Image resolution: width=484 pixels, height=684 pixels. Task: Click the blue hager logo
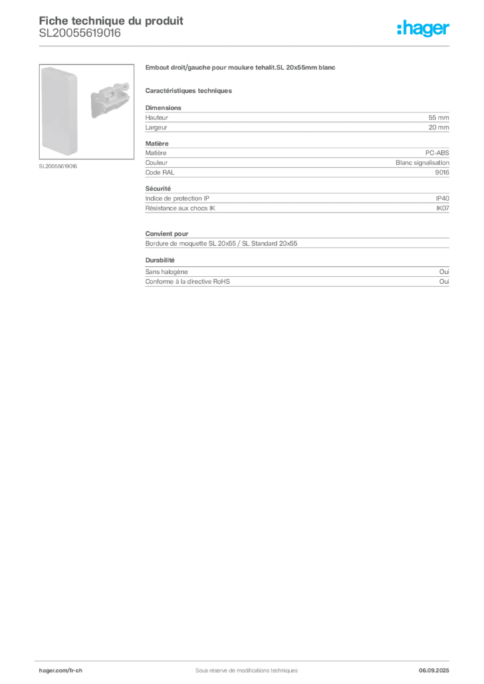coord(425,30)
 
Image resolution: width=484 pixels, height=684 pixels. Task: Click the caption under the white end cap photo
coord(59,166)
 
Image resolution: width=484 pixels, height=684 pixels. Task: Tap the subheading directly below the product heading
coord(190,90)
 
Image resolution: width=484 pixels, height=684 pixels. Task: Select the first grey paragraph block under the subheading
coord(297,120)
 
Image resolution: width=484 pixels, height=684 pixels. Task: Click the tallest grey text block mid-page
coord(297,202)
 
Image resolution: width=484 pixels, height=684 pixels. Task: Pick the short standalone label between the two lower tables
coord(160,258)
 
